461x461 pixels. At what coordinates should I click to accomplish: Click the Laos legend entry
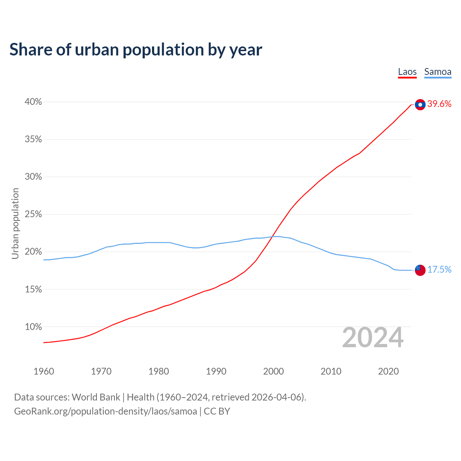pos(407,72)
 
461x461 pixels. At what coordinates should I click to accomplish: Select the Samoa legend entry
pos(438,72)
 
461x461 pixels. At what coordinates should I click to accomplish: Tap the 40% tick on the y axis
pos(33,102)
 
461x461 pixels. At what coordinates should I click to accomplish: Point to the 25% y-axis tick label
pos(33,214)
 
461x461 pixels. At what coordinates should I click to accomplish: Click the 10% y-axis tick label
pos(33,327)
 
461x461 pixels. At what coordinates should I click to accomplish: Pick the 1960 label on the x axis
pos(44,371)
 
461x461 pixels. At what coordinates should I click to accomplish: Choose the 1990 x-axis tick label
pos(216,371)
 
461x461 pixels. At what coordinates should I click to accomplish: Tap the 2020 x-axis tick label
pos(388,371)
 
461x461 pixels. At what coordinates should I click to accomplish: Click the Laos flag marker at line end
pos(420,104)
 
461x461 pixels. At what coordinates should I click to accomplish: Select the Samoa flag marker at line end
pos(420,270)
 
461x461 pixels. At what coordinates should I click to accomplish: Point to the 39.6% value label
pos(439,104)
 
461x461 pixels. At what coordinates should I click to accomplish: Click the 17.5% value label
pos(439,270)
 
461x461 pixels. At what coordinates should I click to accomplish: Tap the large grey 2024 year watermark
pos(373,337)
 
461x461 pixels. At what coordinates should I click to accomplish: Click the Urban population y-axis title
pos(15,223)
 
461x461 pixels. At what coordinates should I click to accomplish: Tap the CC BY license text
pos(217,411)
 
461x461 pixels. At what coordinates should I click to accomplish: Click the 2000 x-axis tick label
pos(273,371)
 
